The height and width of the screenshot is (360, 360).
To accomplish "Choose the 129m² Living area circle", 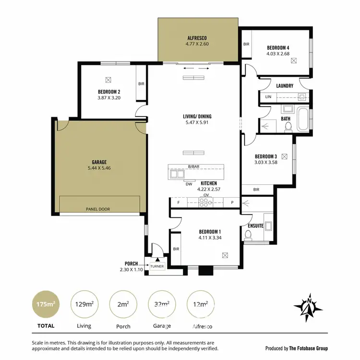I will (x=84, y=304).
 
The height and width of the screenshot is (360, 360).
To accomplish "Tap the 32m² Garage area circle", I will (x=161, y=304).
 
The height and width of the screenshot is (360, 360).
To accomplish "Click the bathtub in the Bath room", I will (x=302, y=120).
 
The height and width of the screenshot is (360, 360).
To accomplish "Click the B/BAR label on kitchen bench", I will (x=193, y=167).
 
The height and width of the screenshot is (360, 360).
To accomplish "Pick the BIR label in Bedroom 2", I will (x=141, y=84).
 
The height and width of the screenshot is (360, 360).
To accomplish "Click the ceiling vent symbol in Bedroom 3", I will (x=285, y=156).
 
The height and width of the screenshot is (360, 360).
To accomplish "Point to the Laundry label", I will (x=285, y=86).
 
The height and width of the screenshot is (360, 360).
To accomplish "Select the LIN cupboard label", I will (x=268, y=97).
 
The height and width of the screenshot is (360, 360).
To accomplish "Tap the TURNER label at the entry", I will (x=157, y=266).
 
